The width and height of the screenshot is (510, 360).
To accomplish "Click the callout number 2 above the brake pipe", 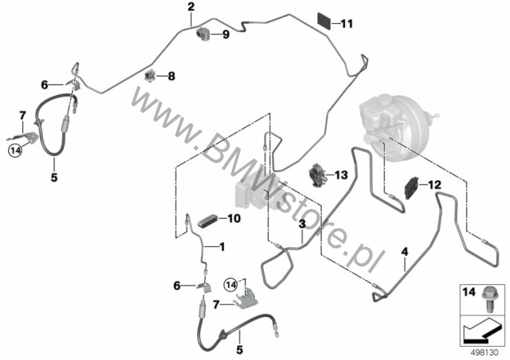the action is click(191, 7).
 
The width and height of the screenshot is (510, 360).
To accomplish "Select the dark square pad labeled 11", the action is click(324, 21).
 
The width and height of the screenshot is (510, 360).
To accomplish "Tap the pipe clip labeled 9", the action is click(204, 34).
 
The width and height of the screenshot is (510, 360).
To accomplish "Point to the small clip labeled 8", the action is click(150, 76).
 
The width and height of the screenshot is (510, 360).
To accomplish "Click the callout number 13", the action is click(341, 175).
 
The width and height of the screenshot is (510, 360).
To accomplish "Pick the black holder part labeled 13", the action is click(317, 175).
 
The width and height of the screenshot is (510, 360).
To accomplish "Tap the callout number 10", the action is click(234, 219).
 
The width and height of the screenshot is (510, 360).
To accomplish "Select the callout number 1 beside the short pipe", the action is click(222, 247).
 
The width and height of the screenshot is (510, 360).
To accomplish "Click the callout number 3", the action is click(302, 224).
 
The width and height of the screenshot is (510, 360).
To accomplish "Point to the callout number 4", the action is click(404, 251).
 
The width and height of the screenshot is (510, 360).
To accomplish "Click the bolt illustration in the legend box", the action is click(490, 298).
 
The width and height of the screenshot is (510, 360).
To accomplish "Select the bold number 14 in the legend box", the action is click(468, 292).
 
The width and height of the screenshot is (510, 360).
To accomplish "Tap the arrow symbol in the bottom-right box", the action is click(481, 331).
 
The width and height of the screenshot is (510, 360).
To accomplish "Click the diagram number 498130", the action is click(485, 353).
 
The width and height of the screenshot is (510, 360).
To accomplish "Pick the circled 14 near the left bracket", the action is click(15, 150).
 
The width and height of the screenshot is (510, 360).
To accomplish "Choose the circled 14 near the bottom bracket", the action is click(230, 285).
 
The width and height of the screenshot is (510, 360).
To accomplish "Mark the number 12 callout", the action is click(434, 185).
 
